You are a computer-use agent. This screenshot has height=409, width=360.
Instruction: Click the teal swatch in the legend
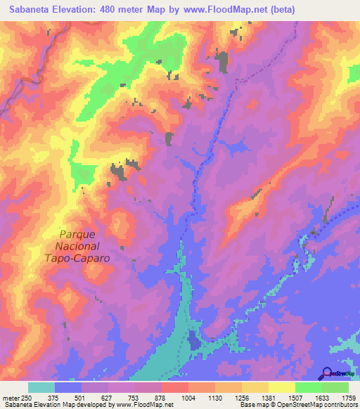click(x=41, y=387)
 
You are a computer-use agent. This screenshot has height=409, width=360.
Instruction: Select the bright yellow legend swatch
click(x=281, y=387)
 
